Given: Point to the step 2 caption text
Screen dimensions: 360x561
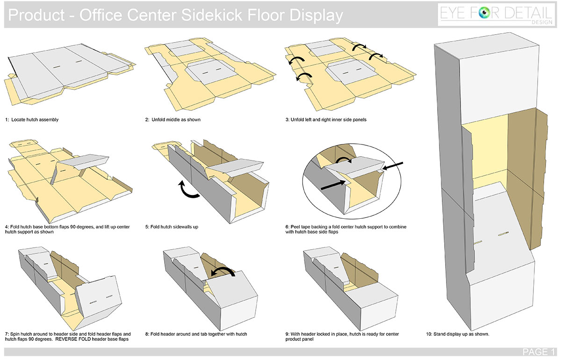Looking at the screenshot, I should pos(173,120).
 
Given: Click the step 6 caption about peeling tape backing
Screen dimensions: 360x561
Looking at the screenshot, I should pos(345,229).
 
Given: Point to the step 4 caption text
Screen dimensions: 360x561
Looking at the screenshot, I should pos(67,229).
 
